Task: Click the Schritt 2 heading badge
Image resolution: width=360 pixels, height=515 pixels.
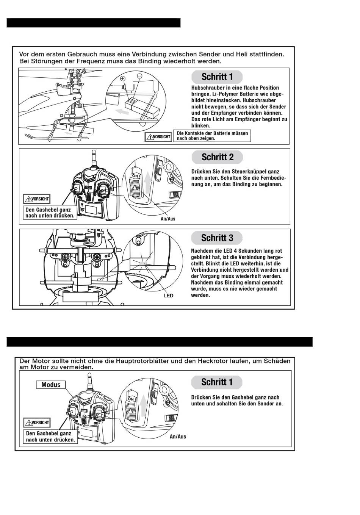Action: pyautogui.click(x=217, y=157)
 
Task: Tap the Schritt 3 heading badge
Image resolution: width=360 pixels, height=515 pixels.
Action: pyautogui.click(x=217, y=238)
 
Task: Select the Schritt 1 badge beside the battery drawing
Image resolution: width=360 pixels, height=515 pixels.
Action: pyautogui.click(x=217, y=77)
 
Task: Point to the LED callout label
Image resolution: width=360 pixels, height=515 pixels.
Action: pyautogui.click(x=168, y=296)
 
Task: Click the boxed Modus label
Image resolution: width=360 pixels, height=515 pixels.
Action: pyautogui.click(x=51, y=385)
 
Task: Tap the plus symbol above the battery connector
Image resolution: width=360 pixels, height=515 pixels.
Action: pyautogui.click(x=122, y=78)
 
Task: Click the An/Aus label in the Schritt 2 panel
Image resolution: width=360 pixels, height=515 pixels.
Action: pyautogui.click(x=168, y=219)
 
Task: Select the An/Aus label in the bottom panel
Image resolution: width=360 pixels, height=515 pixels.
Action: pyautogui.click(x=178, y=437)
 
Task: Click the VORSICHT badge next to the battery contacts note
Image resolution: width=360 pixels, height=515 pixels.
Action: pyautogui.click(x=158, y=137)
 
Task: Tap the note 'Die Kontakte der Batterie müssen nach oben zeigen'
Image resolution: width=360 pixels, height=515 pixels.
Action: pyautogui.click(x=212, y=136)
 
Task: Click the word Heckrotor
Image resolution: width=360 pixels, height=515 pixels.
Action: pyautogui.click(x=215, y=361)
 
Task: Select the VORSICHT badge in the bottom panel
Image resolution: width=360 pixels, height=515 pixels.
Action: pyautogui.click(x=37, y=422)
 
